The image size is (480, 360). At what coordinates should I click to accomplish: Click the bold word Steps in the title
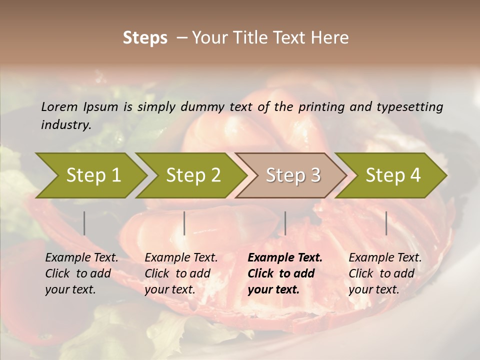tap(145, 38)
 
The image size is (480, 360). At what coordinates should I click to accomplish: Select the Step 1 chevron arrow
tap(90, 175)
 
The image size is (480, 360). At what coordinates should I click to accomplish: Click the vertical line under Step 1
tap(84, 223)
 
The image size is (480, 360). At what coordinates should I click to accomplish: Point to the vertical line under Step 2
tap(184, 223)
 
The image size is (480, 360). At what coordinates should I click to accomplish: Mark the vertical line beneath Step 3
tap(285, 223)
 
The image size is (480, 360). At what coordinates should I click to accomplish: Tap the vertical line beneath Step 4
tap(386, 223)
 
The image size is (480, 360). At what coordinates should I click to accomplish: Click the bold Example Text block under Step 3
tap(285, 273)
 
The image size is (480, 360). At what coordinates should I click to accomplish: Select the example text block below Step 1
tap(81, 273)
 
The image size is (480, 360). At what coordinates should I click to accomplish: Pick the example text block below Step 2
tap(181, 273)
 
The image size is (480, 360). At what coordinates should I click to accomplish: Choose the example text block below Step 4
tap(385, 273)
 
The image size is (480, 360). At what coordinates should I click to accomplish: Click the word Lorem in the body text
tap(59, 107)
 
